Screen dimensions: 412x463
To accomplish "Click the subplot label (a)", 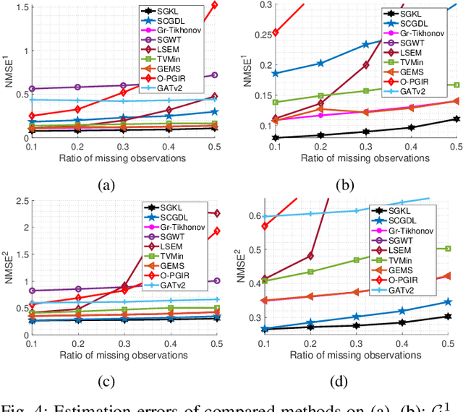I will (x=107, y=184).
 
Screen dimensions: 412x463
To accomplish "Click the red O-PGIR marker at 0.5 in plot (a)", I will (x=214, y=4).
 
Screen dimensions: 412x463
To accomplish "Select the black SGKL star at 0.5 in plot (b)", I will (x=456, y=119).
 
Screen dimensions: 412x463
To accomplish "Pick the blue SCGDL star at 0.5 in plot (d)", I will (x=448, y=302).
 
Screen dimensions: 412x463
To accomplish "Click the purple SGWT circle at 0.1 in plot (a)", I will (x=31, y=89).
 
